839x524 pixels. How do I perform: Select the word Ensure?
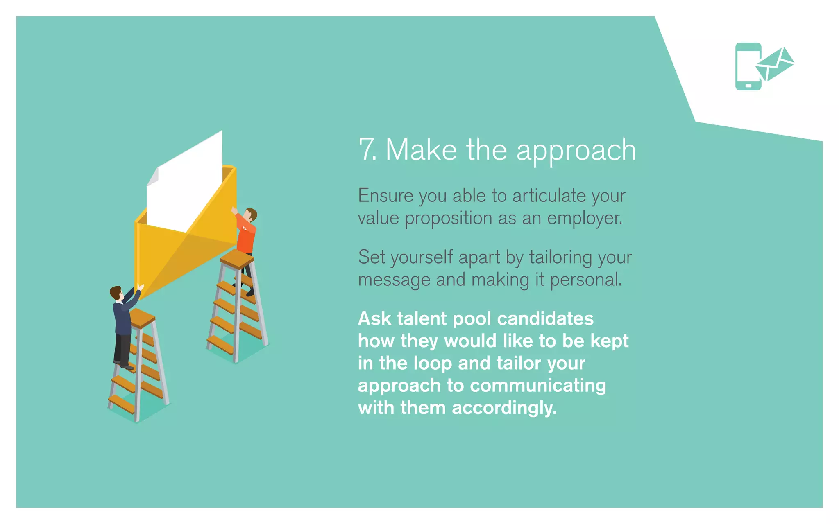(385, 196)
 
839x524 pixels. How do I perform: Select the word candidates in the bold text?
(545, 318)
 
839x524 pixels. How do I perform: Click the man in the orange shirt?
(246, 237)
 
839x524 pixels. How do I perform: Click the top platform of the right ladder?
(237, 258)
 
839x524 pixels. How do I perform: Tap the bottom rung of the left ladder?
(121, 403)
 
